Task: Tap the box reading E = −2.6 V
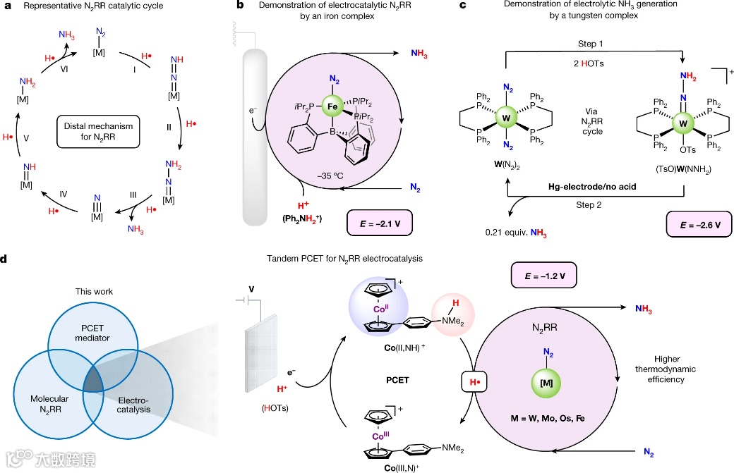point(698,227)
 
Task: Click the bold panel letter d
point(5,259)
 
